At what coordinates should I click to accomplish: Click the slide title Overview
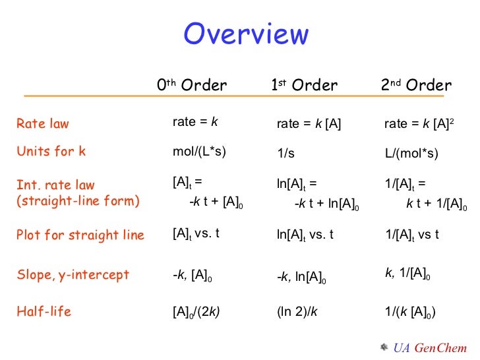(245, 34)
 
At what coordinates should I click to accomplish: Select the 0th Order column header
(192, 85)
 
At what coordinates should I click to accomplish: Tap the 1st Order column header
(304, 85)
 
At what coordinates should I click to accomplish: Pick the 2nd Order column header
(416, 85)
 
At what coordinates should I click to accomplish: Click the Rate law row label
(43, 123)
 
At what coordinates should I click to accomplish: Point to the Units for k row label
(51, 151)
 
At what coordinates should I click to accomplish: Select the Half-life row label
(44, 312)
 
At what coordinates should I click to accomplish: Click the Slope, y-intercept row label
(73, 274)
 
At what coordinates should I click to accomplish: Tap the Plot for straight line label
(80, 235)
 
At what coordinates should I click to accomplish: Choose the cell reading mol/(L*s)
(199, 152)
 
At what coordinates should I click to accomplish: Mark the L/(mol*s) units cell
(411, 153)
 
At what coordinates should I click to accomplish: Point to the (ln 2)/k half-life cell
(297, 312)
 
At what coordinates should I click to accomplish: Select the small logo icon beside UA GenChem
(384, 346)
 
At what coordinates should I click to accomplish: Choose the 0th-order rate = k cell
(195, 122)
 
